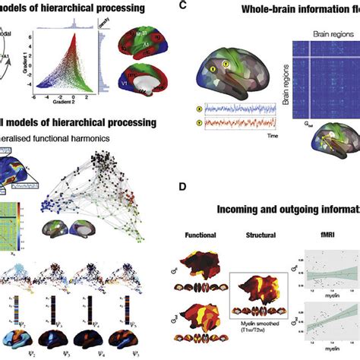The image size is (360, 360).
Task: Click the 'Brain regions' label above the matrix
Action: click(317, 33)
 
